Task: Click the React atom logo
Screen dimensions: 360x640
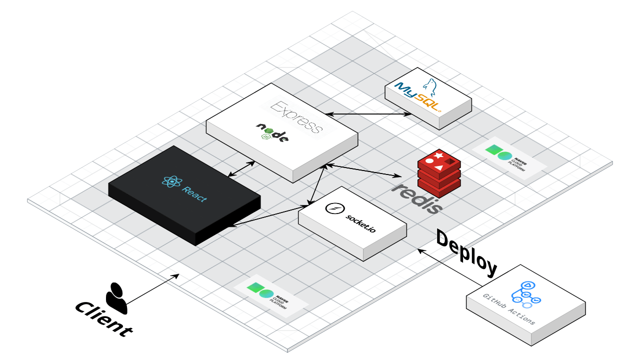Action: [x=172, y=182]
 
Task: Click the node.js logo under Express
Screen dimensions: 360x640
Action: [x=272, y=132]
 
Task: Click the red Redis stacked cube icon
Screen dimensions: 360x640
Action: [x=438, y=172]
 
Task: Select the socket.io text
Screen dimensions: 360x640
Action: [x=360, y=223]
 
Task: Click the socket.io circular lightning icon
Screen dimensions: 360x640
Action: [x=333, y=208]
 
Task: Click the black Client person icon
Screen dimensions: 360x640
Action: [x=116, y=298]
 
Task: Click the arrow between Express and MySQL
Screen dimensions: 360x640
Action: [x=368, y=114]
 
